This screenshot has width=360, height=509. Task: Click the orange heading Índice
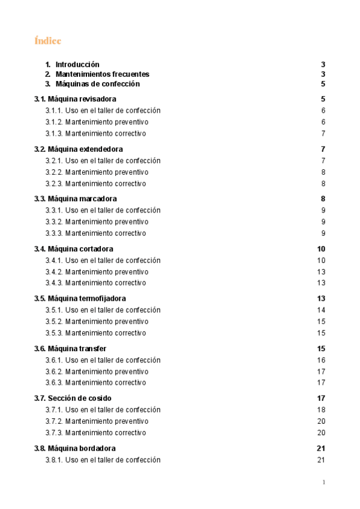(48, 41)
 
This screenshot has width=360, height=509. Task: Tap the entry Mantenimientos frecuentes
(102, 74)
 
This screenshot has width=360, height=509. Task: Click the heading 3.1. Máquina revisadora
(76, 98)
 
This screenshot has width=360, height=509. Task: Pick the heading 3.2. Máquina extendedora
(79, 148)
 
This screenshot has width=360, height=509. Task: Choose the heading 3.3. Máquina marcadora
(76, 198)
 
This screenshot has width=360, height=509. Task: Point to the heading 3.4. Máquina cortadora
(74, 248)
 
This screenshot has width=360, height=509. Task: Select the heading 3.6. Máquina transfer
(71, 348)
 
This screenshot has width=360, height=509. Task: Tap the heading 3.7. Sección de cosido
(73, 398)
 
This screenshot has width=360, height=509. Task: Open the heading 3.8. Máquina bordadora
(75, 448)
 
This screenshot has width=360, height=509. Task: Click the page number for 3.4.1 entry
(321, 261)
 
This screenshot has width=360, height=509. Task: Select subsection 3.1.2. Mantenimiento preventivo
(97, 122)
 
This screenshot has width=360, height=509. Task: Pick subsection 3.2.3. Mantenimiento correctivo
(95, 184)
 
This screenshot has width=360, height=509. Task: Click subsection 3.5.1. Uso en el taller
(103, 310)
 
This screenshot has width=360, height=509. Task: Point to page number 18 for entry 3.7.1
(321, 409)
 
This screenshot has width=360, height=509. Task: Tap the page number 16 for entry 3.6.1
(321, 360)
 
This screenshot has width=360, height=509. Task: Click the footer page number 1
(323, 482)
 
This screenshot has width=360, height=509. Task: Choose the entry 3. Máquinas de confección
(97, 83)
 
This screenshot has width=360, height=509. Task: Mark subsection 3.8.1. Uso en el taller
(103, 460)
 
